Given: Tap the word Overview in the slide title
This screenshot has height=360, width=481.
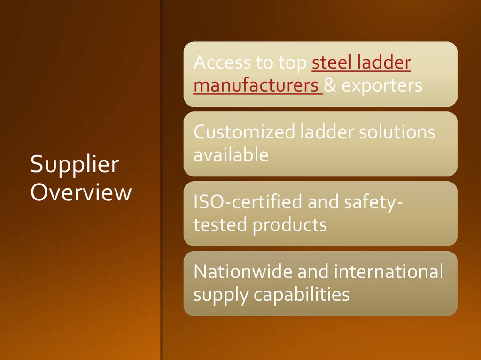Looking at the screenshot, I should point(81,192).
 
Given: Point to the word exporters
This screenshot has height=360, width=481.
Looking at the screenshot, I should point(381,85).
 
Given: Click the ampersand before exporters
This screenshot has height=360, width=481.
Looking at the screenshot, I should point(330,85).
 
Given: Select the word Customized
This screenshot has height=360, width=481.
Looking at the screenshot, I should point(244,132).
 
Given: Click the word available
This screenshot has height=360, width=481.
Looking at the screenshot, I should point(231,154).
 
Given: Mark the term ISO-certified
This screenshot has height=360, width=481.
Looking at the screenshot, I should point(248,202).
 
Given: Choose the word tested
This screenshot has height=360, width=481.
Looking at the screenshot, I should point(221,224).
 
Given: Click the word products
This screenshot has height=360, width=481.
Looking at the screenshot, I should point(289,224).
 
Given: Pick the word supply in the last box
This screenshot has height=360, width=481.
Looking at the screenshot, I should point(221,295).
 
